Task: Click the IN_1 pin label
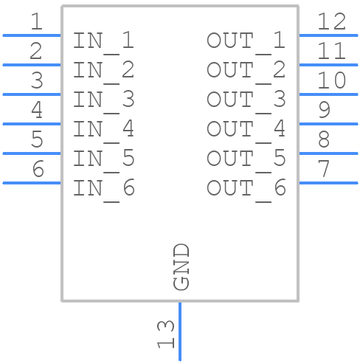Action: coord(103,42)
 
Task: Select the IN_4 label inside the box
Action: coord(103,131)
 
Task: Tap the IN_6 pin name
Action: coord(103,190)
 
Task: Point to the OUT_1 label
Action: coord(246,42)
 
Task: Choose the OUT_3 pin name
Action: coord(246,101)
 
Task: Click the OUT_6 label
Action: coord(246,190)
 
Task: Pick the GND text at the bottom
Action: coord(181,267)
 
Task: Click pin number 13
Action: coord(166,334)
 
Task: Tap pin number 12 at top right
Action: coord(332,21)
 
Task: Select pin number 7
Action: coord(324,168)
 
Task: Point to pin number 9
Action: coord(324,110)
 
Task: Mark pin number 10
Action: coord(332,80)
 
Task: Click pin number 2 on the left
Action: coord(36,51)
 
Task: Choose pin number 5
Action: coord(37,139)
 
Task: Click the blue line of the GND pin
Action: coord(180,331)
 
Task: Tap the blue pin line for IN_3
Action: coord(32,94)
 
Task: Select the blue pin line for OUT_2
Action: coord(328,65)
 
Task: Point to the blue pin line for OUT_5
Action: coord(328,153)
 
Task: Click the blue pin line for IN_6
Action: coord(32,183)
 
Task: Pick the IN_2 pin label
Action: coord(103,72)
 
